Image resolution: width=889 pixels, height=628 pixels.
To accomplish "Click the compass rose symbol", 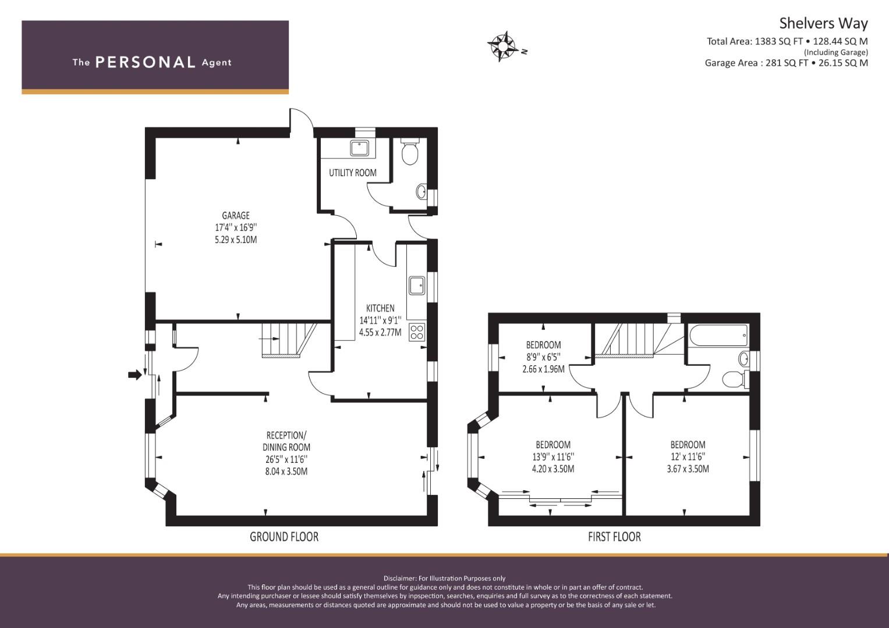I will (503, 46).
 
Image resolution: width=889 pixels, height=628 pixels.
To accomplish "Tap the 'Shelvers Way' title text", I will (823, 23).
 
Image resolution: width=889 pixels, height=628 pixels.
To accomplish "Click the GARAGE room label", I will (236, 216).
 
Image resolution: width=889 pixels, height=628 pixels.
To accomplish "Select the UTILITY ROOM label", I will (353, 173).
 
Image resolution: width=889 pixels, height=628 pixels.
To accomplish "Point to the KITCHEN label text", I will (380, 308).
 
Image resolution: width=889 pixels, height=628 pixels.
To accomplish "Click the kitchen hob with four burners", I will (417, 332).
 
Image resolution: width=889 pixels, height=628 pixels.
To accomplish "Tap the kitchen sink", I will (417, 285).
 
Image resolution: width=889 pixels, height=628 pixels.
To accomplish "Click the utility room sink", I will (360, 148).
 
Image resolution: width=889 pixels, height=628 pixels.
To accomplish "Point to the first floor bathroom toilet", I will (734, 379).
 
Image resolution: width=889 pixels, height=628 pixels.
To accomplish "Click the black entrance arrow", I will (134, 375).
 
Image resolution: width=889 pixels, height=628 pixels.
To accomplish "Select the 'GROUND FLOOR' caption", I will (284, 537).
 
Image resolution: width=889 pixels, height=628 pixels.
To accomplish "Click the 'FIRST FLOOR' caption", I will (614, 537).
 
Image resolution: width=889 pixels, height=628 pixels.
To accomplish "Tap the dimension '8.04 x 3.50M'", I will (286, 472).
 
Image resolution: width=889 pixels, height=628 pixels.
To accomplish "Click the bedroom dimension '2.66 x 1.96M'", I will (543, 369).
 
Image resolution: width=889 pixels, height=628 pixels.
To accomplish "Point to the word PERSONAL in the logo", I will (145, 62).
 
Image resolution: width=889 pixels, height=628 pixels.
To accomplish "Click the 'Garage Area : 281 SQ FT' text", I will (756, 63).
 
